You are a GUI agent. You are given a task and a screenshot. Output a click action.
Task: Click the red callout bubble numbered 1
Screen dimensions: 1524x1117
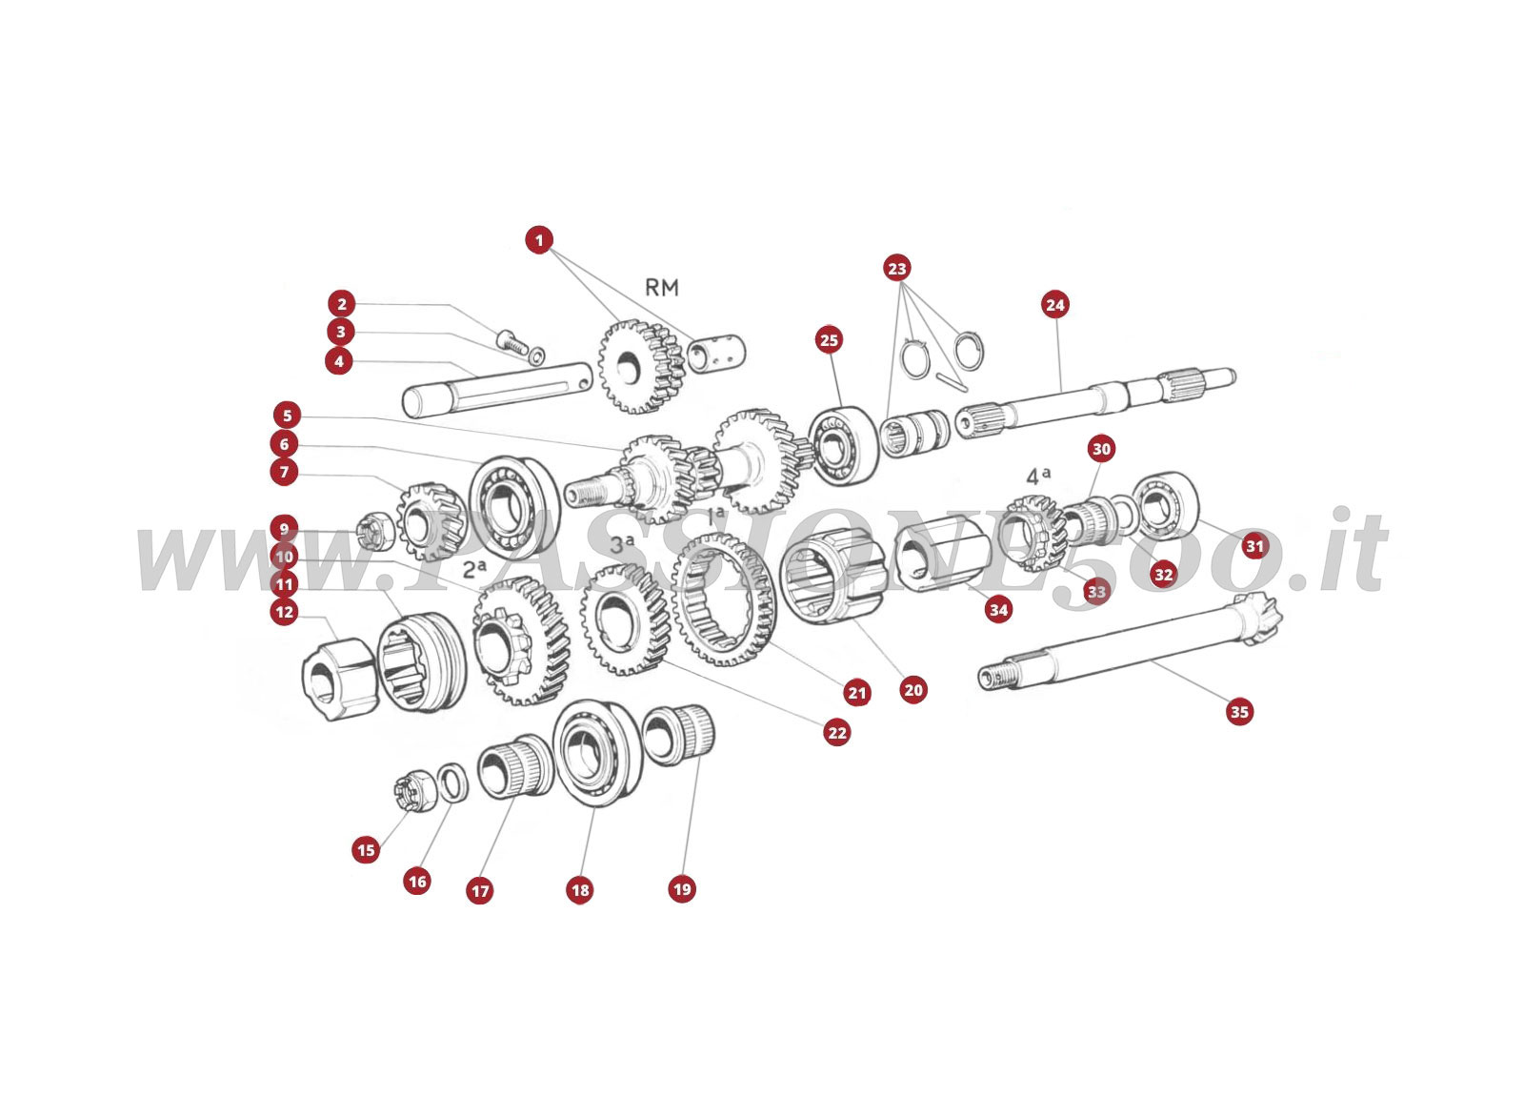pos(539,240)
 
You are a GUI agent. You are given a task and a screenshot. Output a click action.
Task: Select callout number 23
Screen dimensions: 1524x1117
pos(896,268)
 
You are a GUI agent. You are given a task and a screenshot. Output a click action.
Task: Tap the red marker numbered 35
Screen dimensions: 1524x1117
pos(1239,711)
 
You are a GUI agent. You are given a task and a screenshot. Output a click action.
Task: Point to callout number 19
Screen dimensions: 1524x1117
pos(682,889)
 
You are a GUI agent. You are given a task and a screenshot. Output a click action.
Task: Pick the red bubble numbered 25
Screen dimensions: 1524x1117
pos(829,339)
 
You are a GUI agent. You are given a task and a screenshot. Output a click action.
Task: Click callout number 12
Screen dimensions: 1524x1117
pos(285,612)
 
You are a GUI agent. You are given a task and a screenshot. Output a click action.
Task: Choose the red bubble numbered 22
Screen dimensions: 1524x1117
pos(837,732)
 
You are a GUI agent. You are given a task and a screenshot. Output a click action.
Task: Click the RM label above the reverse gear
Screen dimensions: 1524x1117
pos(661,288)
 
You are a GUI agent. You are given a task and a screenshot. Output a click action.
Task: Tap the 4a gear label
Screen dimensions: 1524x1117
pos(1037,476)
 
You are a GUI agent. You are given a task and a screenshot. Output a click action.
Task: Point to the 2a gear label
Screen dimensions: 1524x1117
pos(475,568)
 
